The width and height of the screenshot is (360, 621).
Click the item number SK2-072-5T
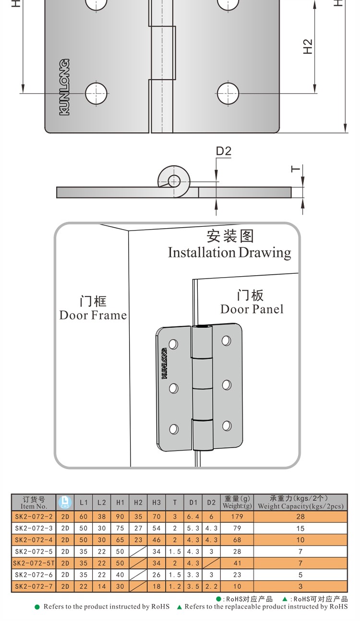pos(34,563)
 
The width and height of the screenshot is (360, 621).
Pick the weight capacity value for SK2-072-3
pos(300,528)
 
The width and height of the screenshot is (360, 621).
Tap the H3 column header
pos(156,502)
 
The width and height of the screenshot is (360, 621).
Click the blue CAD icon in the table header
pos(65,502)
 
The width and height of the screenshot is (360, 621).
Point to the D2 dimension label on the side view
pos(223,151)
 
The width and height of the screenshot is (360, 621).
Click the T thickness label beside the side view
pos(296,169)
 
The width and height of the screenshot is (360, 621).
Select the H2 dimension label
pos(308,47)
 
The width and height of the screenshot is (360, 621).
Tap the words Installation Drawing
pos(229,253)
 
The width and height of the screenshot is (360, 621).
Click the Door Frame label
pos(93,315)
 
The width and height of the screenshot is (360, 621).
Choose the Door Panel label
pos(252,309)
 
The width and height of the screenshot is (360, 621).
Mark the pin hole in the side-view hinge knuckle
pos(173,181)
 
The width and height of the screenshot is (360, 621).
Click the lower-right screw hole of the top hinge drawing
pos(228,93)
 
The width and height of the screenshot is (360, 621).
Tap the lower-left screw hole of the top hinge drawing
pos(96,93)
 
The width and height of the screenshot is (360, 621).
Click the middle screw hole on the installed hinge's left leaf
pos(173,387)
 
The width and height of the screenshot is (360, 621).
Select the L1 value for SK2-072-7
pos(84,586)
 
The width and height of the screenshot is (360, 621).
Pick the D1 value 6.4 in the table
pos(193,517)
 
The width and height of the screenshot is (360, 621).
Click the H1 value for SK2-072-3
pos(120,528)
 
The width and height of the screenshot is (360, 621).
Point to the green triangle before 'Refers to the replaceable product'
pos(180,607)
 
